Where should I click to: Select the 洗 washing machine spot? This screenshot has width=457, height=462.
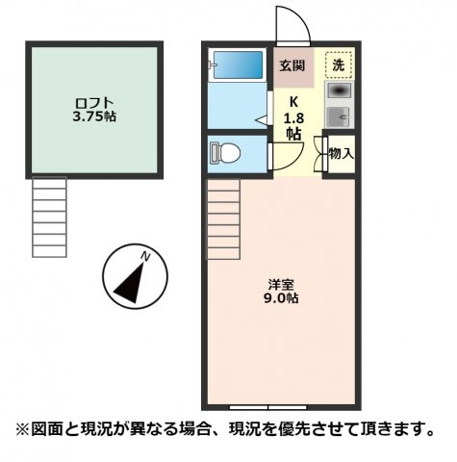pos(338,65)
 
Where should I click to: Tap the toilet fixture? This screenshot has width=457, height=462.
pos(228,153)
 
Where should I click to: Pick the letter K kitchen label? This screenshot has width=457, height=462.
pos(292,100)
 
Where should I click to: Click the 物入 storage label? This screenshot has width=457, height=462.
pos(341,153)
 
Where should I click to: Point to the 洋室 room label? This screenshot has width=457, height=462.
pos(282,284)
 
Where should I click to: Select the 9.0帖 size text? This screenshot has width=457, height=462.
pos(282,299)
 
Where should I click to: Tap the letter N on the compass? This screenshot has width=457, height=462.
pos(145,256)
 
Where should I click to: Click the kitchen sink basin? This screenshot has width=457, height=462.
pos(338,116)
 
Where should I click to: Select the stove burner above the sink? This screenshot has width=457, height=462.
pos(338,91)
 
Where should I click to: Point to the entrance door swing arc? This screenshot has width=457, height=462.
pos(292,21)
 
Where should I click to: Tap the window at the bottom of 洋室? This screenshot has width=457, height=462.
pos(281,404)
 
